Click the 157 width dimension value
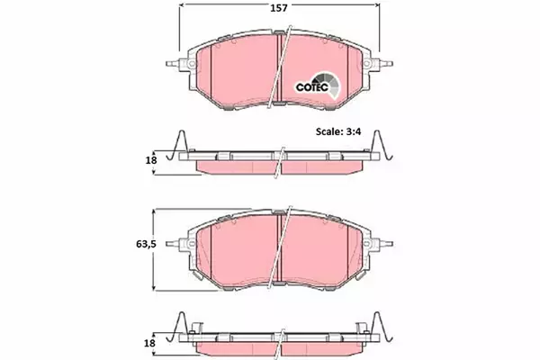(278, 7)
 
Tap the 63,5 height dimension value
(146, 244)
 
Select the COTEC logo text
(312, 87)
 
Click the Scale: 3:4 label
(338, 131)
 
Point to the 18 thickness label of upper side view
(151, 160)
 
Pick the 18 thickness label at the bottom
(149, 343)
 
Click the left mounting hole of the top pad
(192, 64)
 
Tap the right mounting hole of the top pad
(367, 64)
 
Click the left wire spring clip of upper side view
(177, 146)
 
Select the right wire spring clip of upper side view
(382, 146)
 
